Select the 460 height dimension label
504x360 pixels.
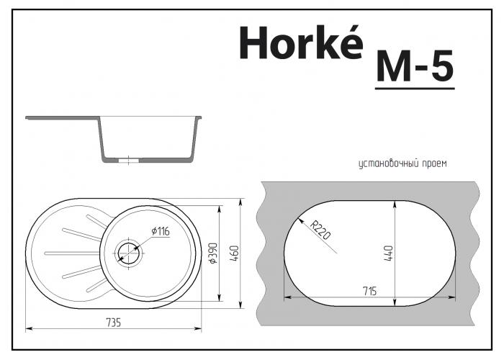tap(235, 253)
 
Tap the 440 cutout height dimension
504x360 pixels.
tap(387, 253)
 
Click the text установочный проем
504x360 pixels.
tap(402, 163)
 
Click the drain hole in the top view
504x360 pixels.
tap(127, 252)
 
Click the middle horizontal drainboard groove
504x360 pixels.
tap(72, 253)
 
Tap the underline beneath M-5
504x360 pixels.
tap(415, 89)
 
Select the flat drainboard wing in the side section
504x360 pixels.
tap(61, 118)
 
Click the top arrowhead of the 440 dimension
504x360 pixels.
tap(394, 204)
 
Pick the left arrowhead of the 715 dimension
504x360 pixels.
tap(287, 296)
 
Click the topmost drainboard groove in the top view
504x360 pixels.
tap(81, 233)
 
